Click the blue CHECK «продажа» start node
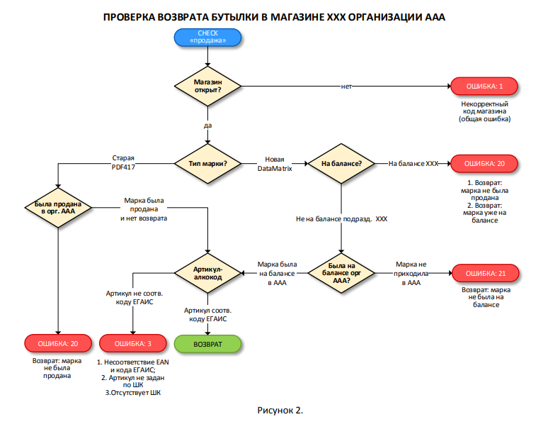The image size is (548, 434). point(208,37)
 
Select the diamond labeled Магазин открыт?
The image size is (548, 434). point(208,86)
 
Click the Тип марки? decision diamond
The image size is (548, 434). point(208,164)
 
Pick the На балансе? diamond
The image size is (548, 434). point(342,164)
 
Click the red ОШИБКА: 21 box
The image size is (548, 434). point(484,273)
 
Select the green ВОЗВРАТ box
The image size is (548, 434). point(208,344)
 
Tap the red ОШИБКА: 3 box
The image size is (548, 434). point(133,344)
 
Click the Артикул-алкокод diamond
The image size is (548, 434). point(208,273)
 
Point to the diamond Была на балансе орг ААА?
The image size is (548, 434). point(342,273)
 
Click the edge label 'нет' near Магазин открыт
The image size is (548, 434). point(346,87)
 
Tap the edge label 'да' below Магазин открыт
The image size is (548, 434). point(208,126)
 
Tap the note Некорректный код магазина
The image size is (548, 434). point(484,111)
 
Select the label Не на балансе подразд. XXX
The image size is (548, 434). point(342,218)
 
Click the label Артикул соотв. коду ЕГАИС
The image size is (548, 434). point(208,315)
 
